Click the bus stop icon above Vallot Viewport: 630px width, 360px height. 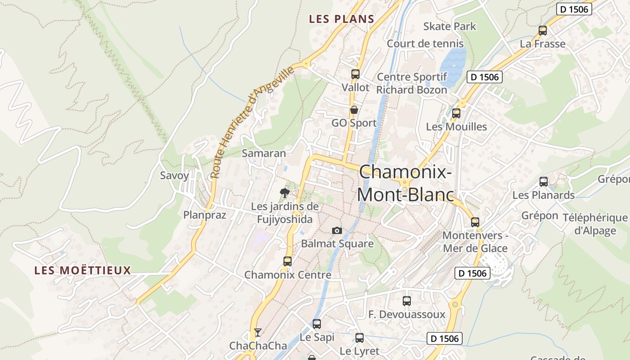(x=355, y=74)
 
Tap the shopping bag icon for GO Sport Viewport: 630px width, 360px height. (x=354, y=110)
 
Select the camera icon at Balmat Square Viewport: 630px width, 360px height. (x=337, y=231)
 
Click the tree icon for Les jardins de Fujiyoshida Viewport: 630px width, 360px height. (x=284, y=193)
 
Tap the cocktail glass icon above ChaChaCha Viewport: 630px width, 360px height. (x=257, y=333)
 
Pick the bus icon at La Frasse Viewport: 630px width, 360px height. (x=543, y=31)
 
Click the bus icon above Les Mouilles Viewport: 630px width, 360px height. (x=456, y=113)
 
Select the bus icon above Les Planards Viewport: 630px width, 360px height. (x=544, y=182)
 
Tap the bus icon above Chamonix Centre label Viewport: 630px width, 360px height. (x=287, y=261)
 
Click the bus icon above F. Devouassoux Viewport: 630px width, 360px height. (x=407, y=301)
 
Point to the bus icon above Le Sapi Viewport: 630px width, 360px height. (x=317, y=324)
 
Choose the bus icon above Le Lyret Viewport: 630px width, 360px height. (x=359, y=338)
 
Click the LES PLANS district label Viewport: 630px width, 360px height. (x=342, y=19)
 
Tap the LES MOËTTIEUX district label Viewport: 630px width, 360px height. (x=83, y=270)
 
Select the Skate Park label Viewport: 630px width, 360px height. (x=450, y=26)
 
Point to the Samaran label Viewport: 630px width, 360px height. (x=264, y=153)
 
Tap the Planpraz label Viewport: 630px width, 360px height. (x=205, y=215)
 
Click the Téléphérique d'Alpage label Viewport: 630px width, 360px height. (x=595, y=224)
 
